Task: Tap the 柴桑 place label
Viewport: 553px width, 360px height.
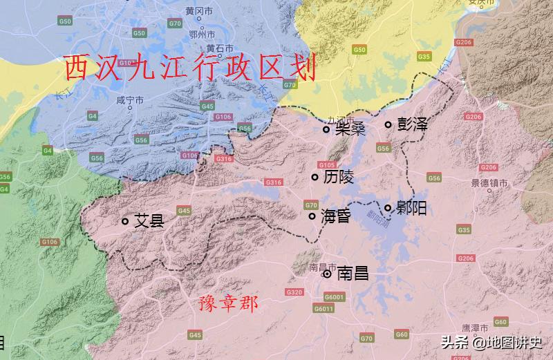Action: point(350,129)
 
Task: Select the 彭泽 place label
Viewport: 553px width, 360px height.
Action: point(412,125)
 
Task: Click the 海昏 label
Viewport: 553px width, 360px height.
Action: point(336,216)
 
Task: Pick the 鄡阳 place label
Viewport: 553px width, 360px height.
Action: point(411,207)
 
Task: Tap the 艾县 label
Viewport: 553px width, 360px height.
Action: point(149,222)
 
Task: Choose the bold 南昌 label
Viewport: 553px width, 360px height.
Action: point(351,274)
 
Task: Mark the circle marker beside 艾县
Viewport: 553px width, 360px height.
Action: point(125,222)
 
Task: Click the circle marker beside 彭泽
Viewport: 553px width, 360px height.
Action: point(388,125)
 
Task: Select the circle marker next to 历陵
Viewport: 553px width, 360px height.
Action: point(315,178)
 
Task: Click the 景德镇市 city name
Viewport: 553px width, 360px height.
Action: point(489,184)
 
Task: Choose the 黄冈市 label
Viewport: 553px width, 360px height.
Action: point(198,11)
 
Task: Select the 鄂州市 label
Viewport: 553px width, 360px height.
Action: point(201,32)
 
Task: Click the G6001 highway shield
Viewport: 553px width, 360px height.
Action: point(332,297)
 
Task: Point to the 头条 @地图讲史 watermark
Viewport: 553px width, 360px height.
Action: point(491,342)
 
